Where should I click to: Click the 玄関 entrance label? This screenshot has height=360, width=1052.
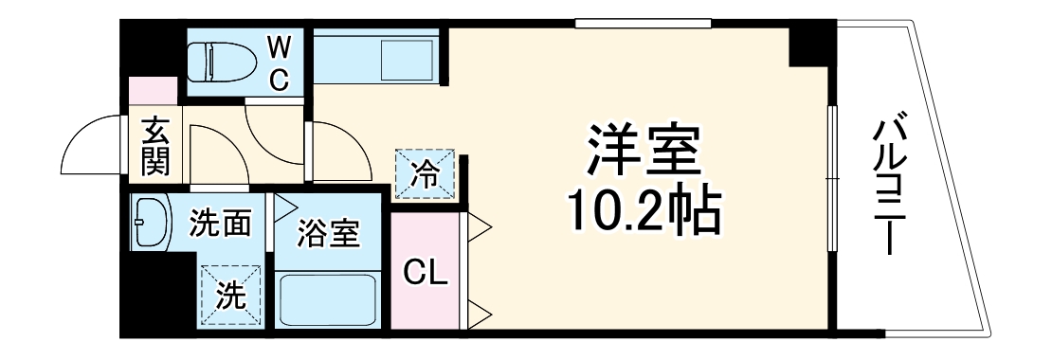click(155, 147)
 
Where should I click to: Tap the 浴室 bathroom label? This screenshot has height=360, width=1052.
click(329, 233)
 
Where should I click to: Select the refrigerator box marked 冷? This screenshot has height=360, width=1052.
click(426, 174)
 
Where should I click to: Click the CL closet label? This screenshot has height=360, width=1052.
click(425, 273)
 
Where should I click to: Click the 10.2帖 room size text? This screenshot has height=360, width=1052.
click(644, 214)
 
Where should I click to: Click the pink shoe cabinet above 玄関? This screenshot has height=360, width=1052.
click(154, 93)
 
